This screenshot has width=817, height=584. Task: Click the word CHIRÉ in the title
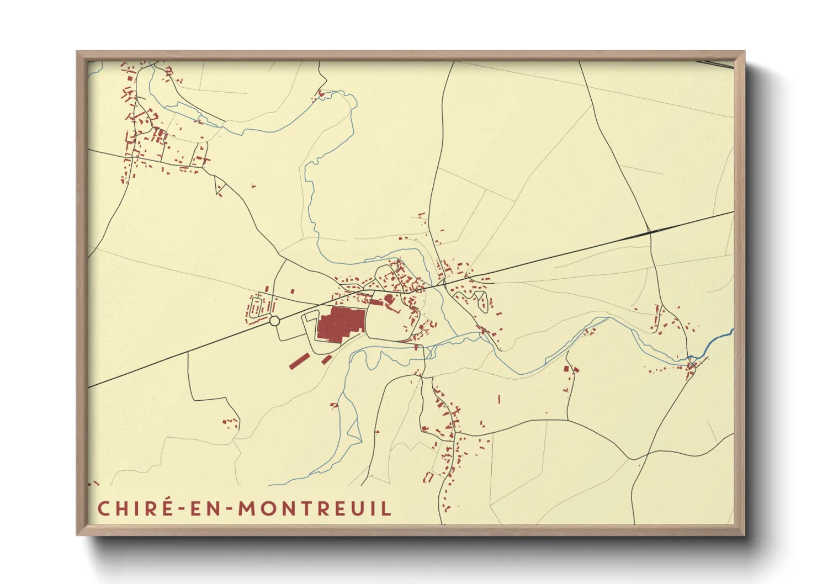(x=135, y=508)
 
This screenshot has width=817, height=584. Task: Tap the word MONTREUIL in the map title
(x=315, y=508)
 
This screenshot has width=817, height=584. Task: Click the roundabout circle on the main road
(x=275, y=321)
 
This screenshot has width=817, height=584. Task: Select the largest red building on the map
(x=339, y=324)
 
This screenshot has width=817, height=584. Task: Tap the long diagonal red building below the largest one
(x=299, y=361)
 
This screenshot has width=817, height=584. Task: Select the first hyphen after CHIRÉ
(x=181, y=509)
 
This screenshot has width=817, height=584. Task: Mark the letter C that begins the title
(x=103, y=508)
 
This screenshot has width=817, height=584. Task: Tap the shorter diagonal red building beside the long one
(x=327, y=359)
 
